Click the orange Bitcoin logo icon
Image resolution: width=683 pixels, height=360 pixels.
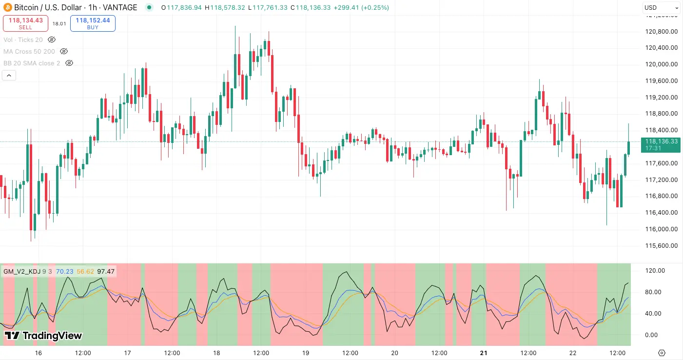click(7, 7)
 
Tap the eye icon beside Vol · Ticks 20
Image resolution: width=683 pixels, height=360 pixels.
click(52, 40)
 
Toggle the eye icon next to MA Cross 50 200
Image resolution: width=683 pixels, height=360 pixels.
click(64, 51)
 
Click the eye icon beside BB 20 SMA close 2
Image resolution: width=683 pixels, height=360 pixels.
click(69, 63)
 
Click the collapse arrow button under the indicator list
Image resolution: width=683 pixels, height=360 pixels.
click(9, 75)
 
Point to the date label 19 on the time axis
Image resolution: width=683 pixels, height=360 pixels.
click(306, 353)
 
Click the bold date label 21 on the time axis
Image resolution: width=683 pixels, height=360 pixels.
click(484, 353)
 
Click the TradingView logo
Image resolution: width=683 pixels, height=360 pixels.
click(43, 336)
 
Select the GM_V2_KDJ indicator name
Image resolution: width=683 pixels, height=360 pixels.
click(22, 271)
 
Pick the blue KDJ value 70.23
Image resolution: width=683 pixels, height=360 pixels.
click(64, 271)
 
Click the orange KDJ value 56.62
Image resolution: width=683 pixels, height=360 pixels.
click(85, 271)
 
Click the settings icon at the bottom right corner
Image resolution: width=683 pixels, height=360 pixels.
click(662, 353)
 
